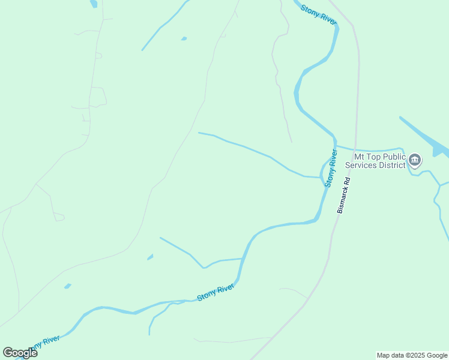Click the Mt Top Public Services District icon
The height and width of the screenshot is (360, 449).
point(415,160)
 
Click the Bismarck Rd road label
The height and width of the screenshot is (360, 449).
point(343,195)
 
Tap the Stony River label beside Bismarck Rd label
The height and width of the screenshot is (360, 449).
point(330,168)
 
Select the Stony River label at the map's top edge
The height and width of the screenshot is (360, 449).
point(319,15)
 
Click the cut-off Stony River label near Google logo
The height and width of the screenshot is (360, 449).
point(46,343)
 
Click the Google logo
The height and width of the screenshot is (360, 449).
point(20,353)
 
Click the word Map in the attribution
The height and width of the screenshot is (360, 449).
point(383,355)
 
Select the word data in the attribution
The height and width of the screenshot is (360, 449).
point(397,355)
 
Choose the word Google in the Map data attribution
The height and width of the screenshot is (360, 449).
point(437,355)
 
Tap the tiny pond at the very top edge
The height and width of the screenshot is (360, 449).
point(94,4)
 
